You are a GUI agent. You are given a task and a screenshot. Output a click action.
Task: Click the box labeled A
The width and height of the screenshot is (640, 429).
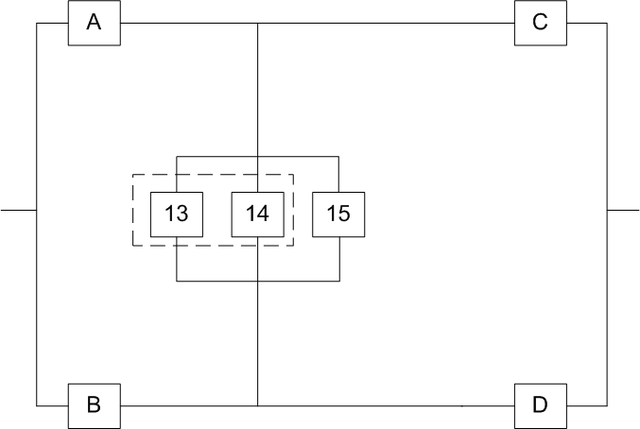coord(95,23)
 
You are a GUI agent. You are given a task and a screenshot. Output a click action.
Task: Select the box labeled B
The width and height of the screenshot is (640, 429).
coord(95,405)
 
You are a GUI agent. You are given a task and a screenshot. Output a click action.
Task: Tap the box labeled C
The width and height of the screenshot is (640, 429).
coord(540,23)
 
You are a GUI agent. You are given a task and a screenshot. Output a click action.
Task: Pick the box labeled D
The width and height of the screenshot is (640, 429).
coord(540,405)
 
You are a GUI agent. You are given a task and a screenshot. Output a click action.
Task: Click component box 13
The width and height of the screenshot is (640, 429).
coord(177,214)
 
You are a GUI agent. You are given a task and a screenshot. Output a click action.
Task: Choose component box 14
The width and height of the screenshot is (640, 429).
coord(257,214)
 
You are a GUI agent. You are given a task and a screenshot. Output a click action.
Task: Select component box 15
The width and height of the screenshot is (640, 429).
coord(338,214)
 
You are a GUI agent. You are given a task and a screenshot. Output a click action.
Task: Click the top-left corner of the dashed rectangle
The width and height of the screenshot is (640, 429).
coord(131,175)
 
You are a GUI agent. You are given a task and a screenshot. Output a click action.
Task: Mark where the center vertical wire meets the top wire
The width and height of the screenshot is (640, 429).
coord(258,23)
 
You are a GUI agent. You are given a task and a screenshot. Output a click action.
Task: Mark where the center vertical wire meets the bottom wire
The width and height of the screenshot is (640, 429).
coord(258,405)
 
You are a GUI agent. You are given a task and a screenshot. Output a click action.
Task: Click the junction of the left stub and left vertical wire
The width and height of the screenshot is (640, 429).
coord(36,209)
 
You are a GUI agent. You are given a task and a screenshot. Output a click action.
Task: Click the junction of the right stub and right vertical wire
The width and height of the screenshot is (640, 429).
coord(607,209)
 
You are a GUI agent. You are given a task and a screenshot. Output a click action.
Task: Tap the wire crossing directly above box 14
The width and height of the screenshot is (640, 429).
coord(258,156)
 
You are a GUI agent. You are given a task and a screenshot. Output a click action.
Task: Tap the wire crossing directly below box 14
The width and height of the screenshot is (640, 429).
coord(258,282)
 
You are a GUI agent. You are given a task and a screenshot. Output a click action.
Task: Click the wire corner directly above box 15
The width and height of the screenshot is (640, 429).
coord(338,156)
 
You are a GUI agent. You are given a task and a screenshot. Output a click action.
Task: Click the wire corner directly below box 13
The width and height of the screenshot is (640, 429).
coord(177,282)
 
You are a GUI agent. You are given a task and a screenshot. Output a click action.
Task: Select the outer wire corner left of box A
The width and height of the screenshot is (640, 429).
coord(36,23)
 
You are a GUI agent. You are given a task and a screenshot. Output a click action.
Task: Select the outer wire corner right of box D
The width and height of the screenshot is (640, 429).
coord(607,405)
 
